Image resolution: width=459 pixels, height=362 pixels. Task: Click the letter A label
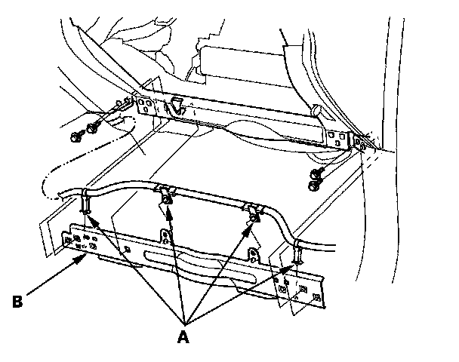[182, 337]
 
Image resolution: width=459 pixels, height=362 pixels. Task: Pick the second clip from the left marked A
[164, 195]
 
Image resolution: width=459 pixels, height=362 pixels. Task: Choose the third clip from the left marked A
[253, 213]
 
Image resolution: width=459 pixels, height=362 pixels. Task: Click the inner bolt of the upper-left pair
[94, 125]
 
